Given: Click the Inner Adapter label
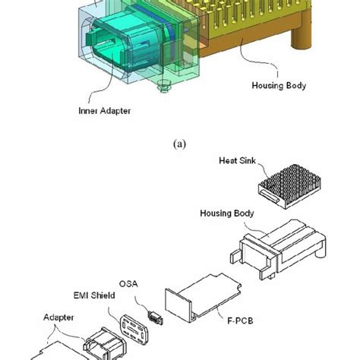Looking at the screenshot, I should [x=105, y=111].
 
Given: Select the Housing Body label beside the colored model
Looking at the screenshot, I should [x=278, y=86].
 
